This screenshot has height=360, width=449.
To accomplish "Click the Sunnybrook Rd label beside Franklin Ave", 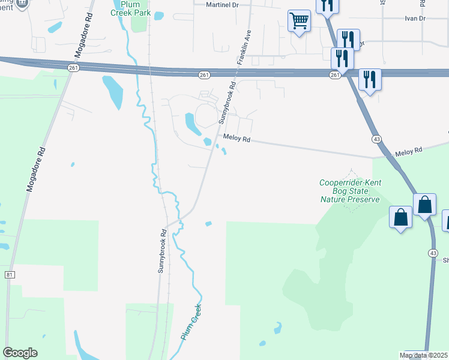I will click(x=226, y=103).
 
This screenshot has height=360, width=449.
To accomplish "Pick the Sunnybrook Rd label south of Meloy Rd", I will click(x=161, y=250).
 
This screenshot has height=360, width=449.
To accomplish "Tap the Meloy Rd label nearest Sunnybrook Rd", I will click(x=236, y=137).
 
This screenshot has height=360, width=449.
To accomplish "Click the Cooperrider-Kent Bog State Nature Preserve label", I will click(x=350, y=191).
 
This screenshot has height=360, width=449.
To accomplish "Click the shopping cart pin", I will click(x=299, y=22).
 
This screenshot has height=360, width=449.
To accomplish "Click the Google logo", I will click(x=20, y=353).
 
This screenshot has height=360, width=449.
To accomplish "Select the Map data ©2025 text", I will click(x=424, y=355).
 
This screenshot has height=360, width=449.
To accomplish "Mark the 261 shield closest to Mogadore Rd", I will click(x=73, y=68).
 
